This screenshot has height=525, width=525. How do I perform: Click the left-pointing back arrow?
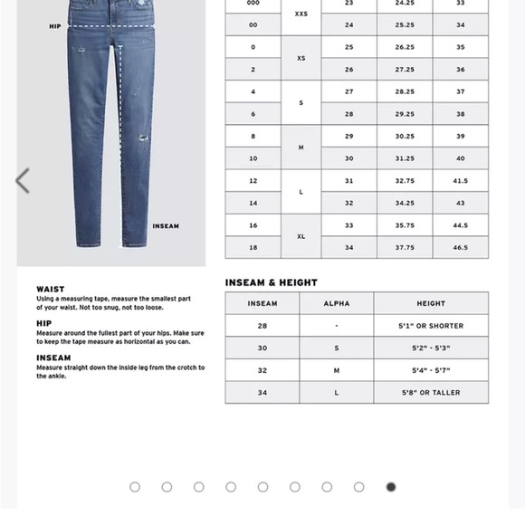(x=23, y=181)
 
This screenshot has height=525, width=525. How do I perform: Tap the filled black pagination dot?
(x=391, y=487)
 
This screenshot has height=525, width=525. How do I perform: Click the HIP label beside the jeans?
(x=55, y=26)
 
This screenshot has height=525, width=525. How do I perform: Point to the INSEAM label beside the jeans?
(x=166, y=226)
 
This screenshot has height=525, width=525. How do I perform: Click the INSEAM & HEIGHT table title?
(x=272, y=282)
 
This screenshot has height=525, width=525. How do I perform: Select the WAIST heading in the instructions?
(x=51, y=289)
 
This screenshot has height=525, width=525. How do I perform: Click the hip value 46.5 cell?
(x=460, y=247)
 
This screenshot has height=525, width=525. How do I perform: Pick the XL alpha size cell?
(x=301, y=236)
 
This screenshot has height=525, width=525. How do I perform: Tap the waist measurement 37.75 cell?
(x=404, y=247)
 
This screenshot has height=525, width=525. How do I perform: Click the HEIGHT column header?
(x=431, y=303)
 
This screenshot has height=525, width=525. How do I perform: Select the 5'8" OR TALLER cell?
(x=431, y=393)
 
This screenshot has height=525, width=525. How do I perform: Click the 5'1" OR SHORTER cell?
(x=431, y=326)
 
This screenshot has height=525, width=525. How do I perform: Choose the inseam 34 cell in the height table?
(x=262, y=393)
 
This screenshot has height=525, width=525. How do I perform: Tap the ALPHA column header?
(x=337, y=303)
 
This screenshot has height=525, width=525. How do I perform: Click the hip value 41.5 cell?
(x=460, y=181)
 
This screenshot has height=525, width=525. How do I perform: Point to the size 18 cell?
(x=253, y=247)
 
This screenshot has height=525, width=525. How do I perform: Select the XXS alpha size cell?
(x=301, y=14)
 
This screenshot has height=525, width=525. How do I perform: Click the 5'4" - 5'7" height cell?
(x=431, y=370)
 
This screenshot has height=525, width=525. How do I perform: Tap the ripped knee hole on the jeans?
(x=143, y=140)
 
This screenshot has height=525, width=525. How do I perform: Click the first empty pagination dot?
(x=135, y=487)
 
